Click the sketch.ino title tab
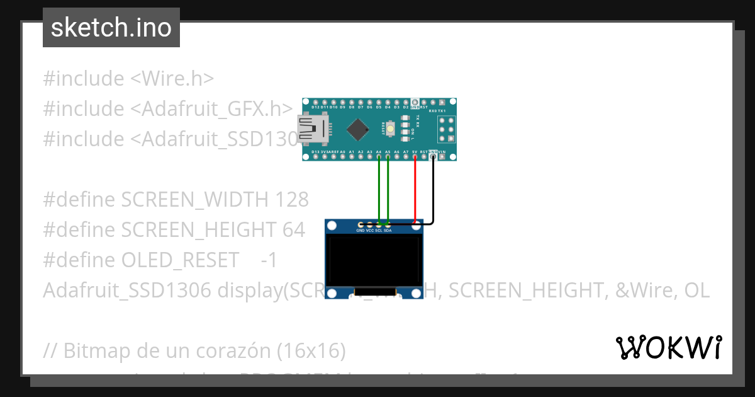click(111, 28)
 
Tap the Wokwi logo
click(668, 347)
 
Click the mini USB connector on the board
click(312, 129)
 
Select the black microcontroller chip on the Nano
click(357, 129)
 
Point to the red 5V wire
click(415, 189)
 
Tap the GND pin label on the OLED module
click(361, 231)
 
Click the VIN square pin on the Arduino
click(442, 158)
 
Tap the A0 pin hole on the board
click(343, 158)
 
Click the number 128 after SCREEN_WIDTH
click(292, 200)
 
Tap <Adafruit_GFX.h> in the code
click(211, 109)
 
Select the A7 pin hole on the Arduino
click(406, 158)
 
